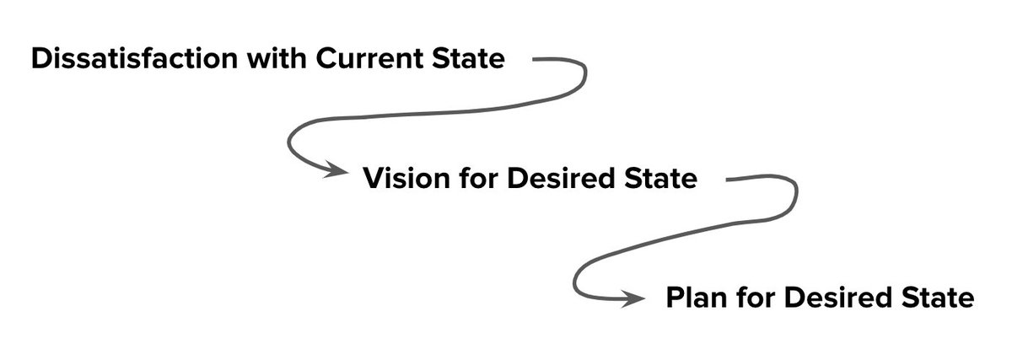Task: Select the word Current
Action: (x=376, y=60)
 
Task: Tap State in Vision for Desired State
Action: (x=659, y=179)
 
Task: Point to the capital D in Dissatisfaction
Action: (x=40, y=60)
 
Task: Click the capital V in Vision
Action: (x=374, y=179)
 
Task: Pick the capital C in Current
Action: (x=328, y=60)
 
